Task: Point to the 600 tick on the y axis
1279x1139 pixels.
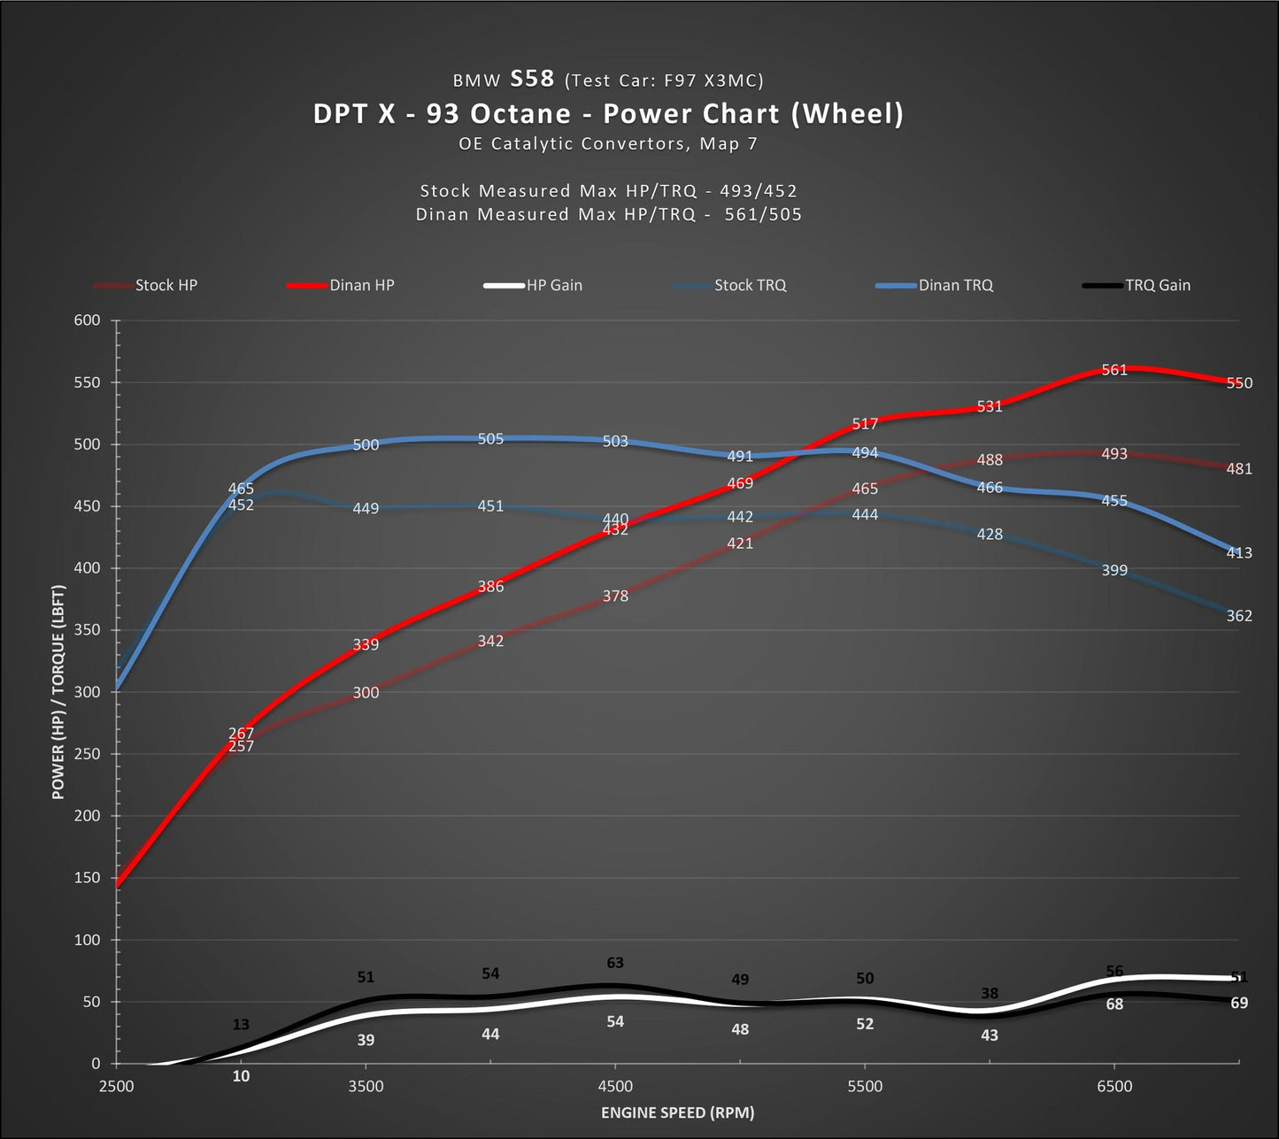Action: tap(87, 320)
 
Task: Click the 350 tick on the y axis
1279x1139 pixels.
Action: tap(87, 630)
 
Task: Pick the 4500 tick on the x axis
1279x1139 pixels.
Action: tap(615, 1086)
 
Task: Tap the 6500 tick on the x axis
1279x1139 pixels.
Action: tap(1114, 1086)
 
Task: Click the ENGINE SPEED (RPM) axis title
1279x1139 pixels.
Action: tap(677, 1112)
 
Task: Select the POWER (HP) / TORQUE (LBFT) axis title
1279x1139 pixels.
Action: tap(58, 692)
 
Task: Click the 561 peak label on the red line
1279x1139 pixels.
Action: tap(1114, 370)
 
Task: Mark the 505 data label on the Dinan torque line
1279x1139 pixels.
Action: tap(490, 439)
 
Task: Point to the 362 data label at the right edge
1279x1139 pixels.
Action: tap(1239, 616)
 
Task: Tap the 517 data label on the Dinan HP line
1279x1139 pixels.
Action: tap(865, 424)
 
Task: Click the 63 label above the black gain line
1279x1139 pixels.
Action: tap(615, 963)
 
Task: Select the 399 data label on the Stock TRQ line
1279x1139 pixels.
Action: tap(1114, 571)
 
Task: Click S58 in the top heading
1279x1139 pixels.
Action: tap(532, 79)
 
